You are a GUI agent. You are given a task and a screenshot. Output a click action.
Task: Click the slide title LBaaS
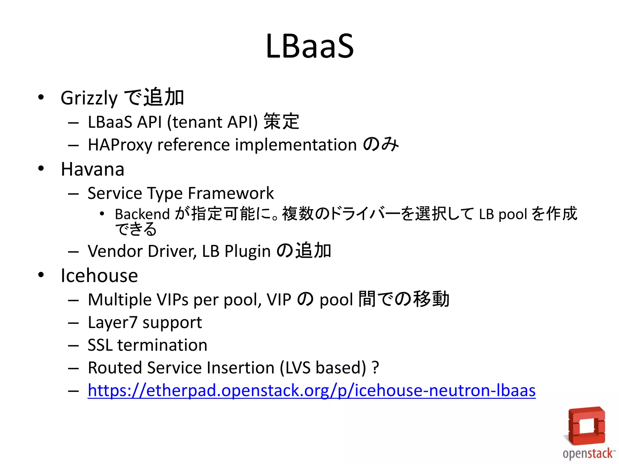point(309,46)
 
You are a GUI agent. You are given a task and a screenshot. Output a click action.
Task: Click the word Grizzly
point(89,98)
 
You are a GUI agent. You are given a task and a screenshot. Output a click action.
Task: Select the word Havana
point(92,169)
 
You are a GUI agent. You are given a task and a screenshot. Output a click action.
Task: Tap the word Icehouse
point(99,275)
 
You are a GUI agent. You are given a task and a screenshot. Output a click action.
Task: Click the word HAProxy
point(120,145)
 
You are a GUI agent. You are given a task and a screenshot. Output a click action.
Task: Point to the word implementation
point(296,145)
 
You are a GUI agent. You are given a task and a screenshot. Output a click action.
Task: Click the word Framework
point(231,193)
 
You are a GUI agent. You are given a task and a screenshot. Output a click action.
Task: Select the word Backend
point(142,214)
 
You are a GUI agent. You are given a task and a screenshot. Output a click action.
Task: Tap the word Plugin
point(247,252)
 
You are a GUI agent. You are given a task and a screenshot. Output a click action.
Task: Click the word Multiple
point(120,300)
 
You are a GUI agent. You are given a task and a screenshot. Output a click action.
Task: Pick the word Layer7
point(112,323)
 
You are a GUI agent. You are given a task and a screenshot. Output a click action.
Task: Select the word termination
point(162,345)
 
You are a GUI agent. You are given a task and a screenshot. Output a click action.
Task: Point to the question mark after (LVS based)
point(375,368)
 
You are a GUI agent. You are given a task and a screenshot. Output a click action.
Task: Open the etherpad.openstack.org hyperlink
point(311,391)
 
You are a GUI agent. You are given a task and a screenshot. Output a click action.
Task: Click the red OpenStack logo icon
point(586,426)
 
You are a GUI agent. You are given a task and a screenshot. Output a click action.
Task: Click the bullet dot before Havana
point(41,169)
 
